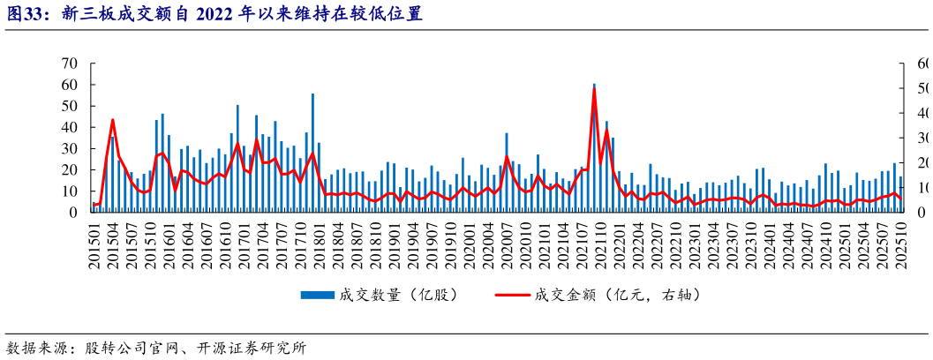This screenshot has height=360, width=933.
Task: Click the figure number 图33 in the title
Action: click(x=26, y=13)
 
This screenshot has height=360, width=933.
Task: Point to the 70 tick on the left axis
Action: click(x=69, y=64)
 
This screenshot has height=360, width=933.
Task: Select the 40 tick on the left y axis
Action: click(x=69, y=127)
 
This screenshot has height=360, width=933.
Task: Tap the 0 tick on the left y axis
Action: click(x=73, y=213)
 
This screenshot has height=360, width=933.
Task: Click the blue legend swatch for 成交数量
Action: click(x=315, y=294)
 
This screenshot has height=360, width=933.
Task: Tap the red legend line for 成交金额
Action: click(x=513, y=294)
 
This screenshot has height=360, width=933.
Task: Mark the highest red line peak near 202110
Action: click(x=594, y=88)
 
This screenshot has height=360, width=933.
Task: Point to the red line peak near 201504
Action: click(x=112, y=119)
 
